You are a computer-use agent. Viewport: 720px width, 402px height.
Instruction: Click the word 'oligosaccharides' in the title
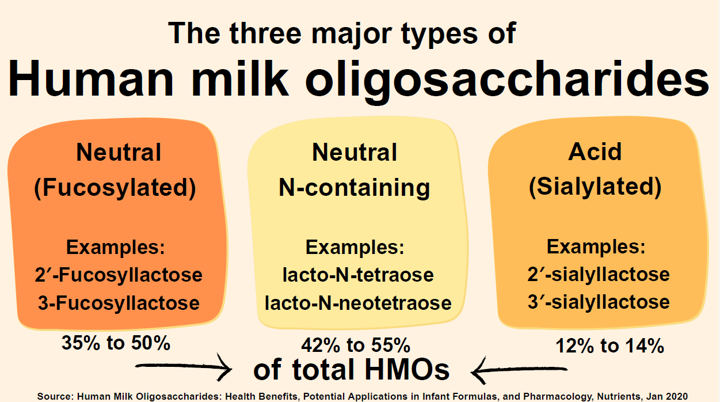coord(507,81)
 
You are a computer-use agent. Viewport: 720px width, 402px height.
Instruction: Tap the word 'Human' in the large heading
coord(91,78)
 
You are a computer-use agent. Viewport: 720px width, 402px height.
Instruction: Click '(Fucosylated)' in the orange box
coord(115,188)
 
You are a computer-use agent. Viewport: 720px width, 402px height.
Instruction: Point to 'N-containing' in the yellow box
coord(355,188)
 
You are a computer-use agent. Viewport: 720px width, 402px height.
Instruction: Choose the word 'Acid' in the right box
coord(595,151)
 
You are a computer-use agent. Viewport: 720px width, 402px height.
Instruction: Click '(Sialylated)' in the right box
coord(595,187)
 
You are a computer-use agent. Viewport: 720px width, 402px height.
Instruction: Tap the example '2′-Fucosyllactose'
coord(119,275)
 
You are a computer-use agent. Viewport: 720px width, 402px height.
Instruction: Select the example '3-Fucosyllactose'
coord(119,303)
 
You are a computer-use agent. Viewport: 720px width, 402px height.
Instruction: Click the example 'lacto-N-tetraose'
coord(358,275)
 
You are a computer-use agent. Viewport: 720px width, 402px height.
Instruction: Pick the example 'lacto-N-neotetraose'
coord(358,303)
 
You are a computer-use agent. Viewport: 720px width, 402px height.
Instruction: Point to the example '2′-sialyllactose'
coord(599,275)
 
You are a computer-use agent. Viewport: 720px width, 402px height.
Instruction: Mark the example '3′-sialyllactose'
coord(599,302)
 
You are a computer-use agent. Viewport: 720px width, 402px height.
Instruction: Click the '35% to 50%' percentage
coord(116,343)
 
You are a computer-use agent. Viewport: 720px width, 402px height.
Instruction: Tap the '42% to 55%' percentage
coord(356,346)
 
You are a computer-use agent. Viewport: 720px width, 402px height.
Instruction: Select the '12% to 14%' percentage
coord(609,346)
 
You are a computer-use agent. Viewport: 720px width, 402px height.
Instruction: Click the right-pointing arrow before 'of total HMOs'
coord(184,367)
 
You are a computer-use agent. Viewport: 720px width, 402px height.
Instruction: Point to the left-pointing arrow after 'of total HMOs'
coord(519,370)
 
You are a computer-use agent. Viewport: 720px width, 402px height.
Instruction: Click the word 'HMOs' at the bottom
coord(407,370)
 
